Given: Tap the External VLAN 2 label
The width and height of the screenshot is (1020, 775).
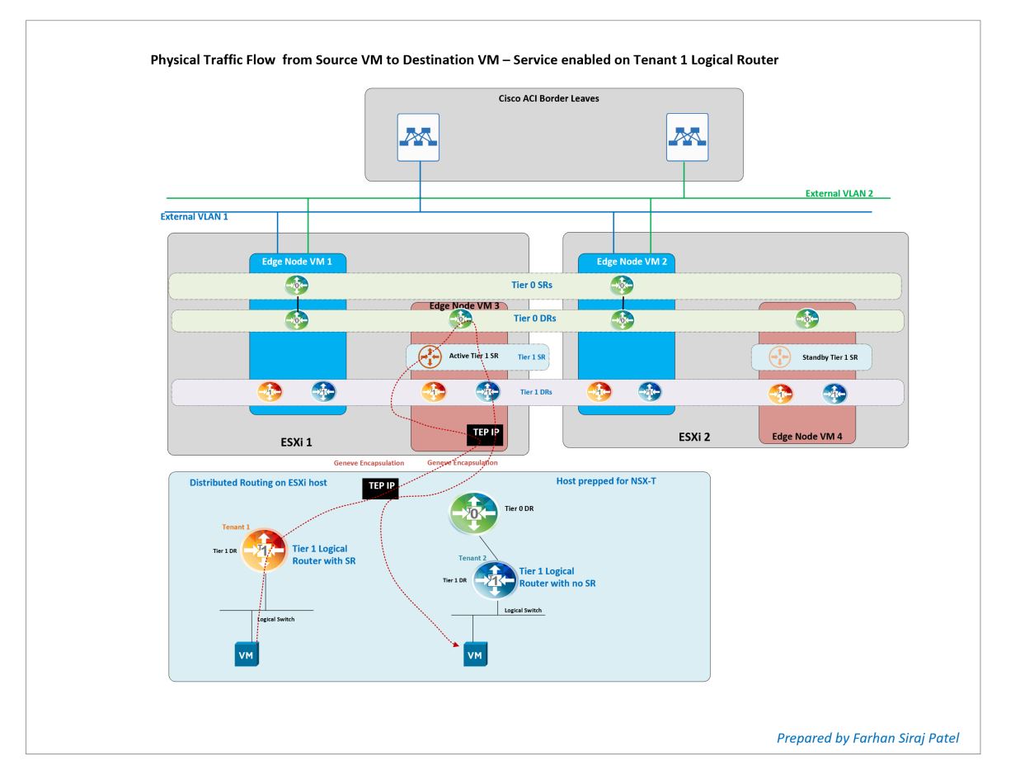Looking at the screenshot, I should click(x=839, y=193).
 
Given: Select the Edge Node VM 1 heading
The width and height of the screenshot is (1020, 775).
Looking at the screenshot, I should click(x=298, y=262).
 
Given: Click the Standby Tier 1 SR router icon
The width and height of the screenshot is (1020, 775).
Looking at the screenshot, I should click(x=779, y=357).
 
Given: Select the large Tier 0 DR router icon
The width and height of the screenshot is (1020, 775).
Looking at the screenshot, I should click(x=474, y=514).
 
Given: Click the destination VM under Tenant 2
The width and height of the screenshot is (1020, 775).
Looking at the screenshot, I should click(x=473, y=654).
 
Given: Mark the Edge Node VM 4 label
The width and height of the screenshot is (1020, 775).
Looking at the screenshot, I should click(x=806, y=435).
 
